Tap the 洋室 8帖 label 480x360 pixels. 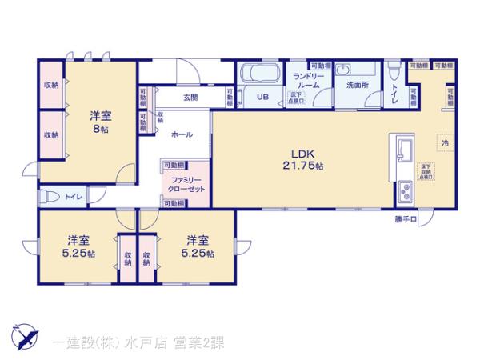99,122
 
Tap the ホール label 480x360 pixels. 181,135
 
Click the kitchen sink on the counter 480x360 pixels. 403,149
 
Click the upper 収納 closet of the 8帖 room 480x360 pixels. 51,85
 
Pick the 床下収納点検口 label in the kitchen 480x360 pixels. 426,172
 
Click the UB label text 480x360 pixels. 262,97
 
